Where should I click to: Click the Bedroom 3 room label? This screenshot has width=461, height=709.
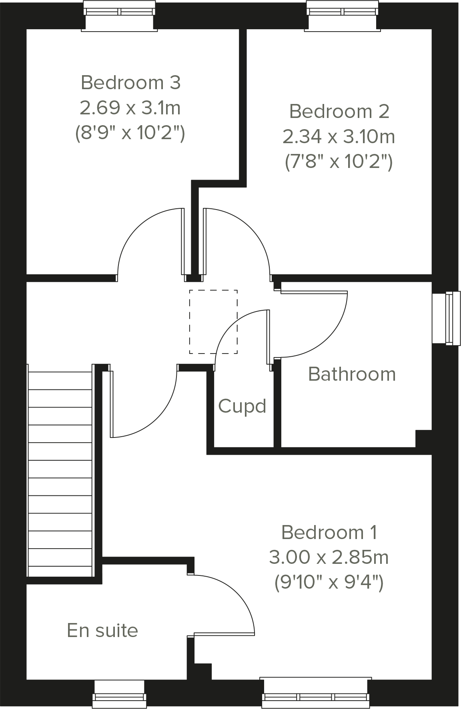131,83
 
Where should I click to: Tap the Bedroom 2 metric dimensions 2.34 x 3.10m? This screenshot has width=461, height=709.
339,137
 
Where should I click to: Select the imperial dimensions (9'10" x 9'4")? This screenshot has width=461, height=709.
329,582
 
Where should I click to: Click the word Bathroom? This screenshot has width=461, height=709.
352,374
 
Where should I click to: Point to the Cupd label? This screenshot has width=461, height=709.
242,406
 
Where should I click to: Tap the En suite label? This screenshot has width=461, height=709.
102,630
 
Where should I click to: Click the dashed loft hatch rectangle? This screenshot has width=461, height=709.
213,322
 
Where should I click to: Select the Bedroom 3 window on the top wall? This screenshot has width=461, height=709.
119,16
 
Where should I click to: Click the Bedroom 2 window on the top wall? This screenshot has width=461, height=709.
343,16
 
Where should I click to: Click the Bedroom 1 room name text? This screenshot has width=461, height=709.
329,532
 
